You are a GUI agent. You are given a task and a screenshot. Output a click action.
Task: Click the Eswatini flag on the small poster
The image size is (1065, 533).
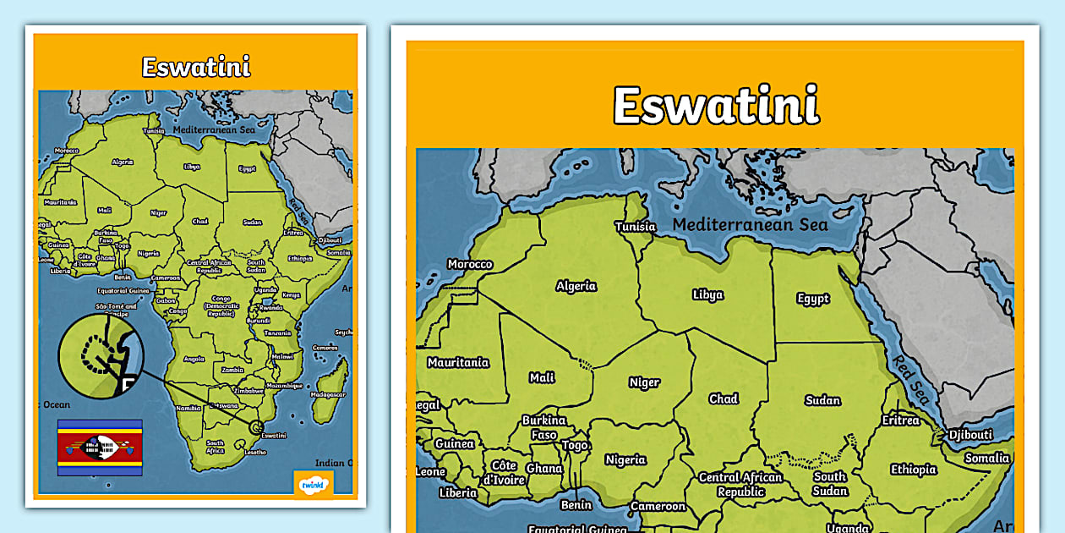pos(100,447)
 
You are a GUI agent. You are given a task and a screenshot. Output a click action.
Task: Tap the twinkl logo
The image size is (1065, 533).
pos(313,485)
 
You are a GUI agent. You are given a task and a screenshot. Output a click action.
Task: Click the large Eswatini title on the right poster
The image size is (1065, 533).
pos(716,106)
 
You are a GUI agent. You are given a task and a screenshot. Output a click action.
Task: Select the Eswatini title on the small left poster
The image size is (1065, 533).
pos(196,67)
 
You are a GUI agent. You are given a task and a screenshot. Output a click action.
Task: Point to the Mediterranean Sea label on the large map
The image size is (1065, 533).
pos(750,224)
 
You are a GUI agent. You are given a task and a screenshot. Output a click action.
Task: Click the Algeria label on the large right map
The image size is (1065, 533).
pos(576,286)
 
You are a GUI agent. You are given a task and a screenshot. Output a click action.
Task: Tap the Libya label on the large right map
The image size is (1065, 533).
pos(707,295)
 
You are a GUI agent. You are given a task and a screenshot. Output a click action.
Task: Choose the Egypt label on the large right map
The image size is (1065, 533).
pos(813,299)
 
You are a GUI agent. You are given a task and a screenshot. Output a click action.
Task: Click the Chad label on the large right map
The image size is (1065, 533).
pos(724,398)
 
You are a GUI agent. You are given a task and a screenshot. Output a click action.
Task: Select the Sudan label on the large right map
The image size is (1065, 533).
pos(822,400)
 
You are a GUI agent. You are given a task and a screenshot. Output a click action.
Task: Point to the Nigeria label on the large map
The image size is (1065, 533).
pos(625,460)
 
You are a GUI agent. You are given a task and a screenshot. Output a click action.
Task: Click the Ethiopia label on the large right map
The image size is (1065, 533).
pos(914,470)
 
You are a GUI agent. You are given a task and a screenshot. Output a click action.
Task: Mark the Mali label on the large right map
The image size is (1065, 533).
pos(542,378)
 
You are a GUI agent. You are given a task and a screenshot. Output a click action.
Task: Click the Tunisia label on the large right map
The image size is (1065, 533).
pos(636,227)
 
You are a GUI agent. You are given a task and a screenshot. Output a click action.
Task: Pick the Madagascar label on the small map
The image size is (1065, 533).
pos(329,394)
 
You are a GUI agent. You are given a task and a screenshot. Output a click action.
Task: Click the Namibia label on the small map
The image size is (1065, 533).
pos(188,408)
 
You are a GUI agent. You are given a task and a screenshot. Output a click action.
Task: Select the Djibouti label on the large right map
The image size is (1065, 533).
pos(969,435)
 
